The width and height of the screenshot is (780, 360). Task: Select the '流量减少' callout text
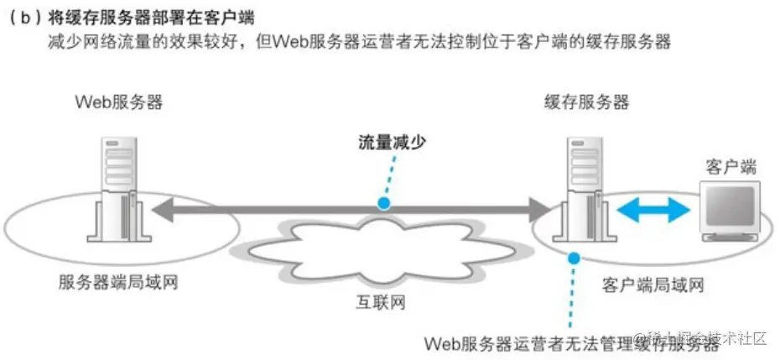(389, 142)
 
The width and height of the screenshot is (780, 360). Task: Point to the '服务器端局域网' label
(118, 283)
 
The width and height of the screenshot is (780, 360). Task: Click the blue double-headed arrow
(653, 208)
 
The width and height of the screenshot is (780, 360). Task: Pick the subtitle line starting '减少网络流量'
(360, 43)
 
